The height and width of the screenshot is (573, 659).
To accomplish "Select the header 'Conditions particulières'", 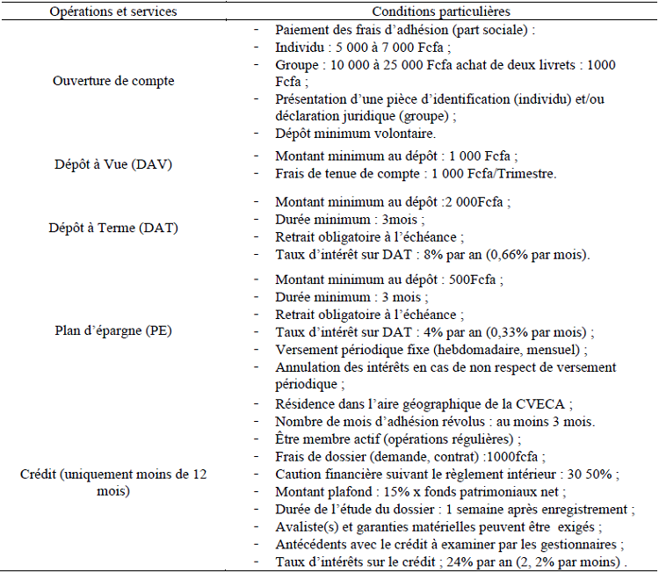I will click(x=441, y=11).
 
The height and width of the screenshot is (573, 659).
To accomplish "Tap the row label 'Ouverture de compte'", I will click(x=113, y=81).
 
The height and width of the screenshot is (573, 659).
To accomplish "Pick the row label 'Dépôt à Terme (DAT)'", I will click(x=113, y=228).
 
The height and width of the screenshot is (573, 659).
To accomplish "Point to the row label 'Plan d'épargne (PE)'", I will click(x=113, y=331).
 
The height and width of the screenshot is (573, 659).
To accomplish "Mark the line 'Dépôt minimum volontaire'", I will click(x=355, y=134).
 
